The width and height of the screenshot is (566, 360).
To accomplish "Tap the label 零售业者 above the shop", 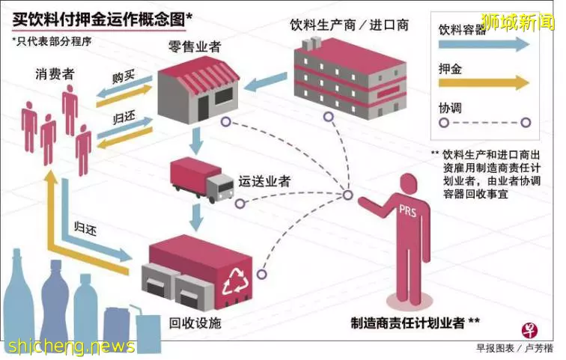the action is (x=195, y=46).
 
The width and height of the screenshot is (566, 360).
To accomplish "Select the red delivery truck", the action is (x=202, y=180).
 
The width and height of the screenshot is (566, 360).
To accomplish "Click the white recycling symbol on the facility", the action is (x=237, y=281).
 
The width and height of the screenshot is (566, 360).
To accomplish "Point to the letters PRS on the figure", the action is (x=407, y=210).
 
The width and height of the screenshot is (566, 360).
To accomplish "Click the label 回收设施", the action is (x=195, y=323).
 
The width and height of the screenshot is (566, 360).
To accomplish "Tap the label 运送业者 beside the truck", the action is (x=264, y=181).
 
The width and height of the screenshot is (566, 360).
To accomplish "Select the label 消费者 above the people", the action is (x=55, y=74).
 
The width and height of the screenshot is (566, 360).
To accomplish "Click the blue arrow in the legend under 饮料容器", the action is (x=484, y=44).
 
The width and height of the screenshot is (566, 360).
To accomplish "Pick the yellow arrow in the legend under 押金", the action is (x=484, y=83).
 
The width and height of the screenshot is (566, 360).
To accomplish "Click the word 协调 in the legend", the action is (x=450, y=108).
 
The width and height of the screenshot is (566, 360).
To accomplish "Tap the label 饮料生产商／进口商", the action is (x=350, y=25).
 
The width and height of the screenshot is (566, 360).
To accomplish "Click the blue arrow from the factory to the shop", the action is (x=266, y=82).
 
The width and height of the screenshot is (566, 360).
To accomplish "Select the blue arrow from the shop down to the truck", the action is (x=196, y=141).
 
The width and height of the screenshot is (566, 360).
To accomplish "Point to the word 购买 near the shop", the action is (x=124, y=76).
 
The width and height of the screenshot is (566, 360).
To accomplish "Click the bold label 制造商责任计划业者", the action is (x=408, y=323).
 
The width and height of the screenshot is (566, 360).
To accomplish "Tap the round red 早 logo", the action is (x=530, y=330).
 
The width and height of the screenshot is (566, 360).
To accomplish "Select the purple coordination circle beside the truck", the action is (x=240, y=204).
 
